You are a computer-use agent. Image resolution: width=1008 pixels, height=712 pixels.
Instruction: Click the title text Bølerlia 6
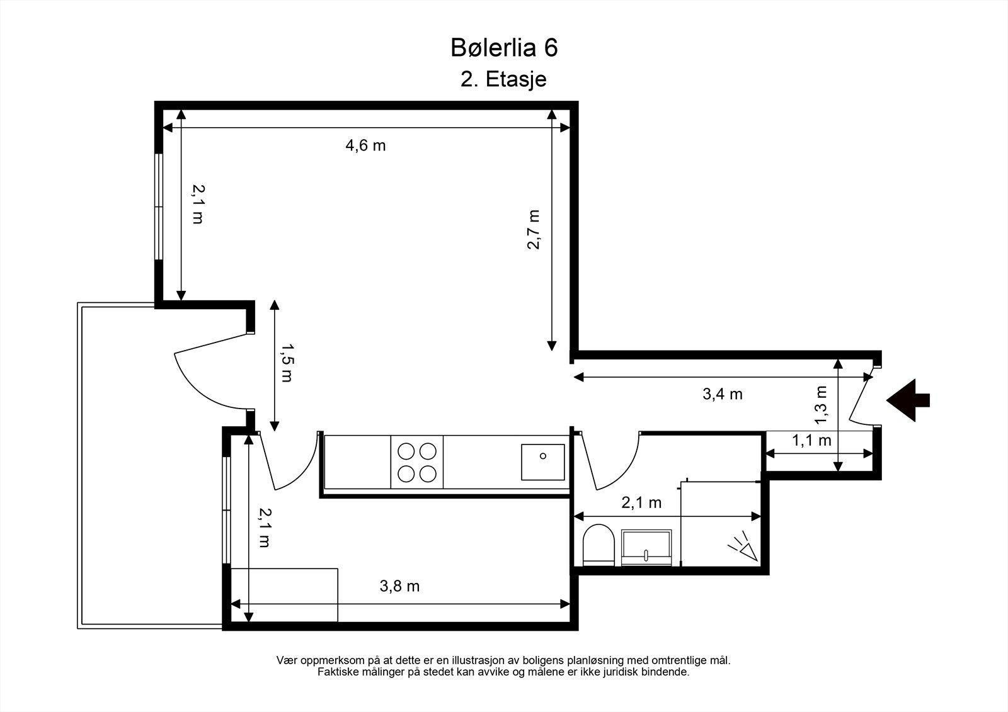pos(504,48)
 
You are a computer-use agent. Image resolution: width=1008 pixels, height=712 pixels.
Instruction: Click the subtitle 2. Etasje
pos(503,80)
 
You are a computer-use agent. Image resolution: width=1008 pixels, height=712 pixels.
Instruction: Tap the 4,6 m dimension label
pos(365,145)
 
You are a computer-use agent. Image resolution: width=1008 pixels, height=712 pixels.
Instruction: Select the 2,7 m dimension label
pos(534,229)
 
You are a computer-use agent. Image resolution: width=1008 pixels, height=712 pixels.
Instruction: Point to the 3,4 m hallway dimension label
pos(722,394)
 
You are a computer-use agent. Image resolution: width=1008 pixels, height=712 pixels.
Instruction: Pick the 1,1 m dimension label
pos(811,440)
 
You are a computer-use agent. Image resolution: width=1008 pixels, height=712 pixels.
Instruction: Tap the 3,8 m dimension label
pos(399,586)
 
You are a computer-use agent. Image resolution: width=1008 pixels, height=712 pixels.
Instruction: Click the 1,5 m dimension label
pos(287,363)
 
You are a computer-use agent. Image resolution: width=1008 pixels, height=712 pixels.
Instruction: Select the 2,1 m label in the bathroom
pos(641,502)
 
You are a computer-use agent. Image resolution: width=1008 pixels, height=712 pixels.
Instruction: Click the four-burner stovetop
pos(416,462)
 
